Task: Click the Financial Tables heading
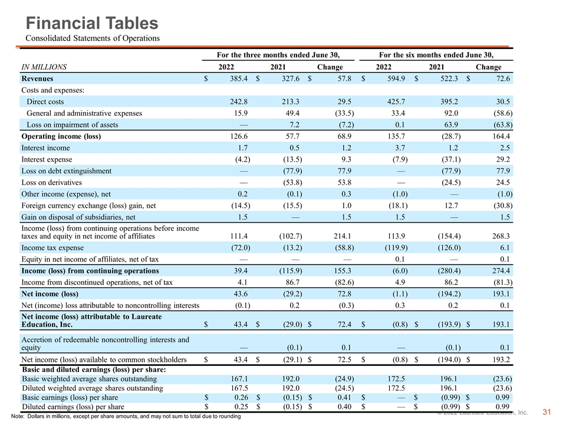point(92,23)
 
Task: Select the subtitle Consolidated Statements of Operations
point(93,38)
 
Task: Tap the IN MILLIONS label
point(44,67)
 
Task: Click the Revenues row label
point(37,79)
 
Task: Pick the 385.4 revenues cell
point(239,79)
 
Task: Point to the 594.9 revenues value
point(396,79)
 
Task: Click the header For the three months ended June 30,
point(278,55)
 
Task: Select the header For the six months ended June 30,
point(436,55)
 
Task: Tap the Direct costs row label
point(45,102)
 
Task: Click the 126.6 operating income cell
point(239,136)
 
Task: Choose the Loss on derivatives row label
point(52,182)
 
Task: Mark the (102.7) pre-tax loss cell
point(291,236)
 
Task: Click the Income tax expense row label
point(52,247)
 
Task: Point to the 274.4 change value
point(501,271)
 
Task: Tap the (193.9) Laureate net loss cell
point(449,324)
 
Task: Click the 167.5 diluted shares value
point(239,388)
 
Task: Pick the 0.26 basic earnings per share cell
point(241,397)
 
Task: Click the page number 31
point(547,412)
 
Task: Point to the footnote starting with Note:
point(126,416)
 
